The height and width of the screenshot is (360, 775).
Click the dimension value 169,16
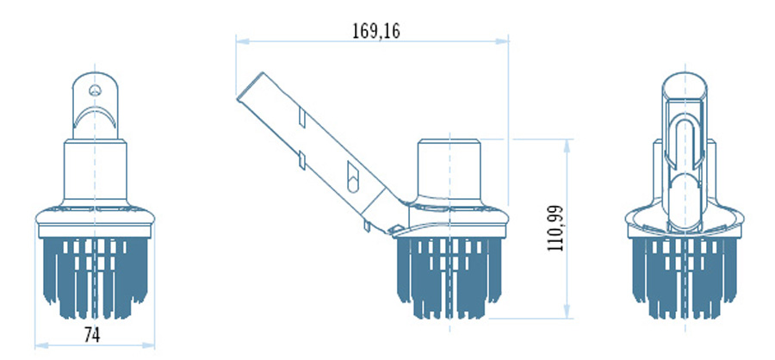click(376, 31)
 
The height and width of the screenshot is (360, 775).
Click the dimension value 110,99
click(555, 228)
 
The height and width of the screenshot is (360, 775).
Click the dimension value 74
click(92, 335)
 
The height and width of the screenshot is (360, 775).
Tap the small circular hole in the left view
click(95, 90)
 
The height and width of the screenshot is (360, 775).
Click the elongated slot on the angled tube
click(353, 177)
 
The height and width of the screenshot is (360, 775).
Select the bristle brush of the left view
click(96, 278)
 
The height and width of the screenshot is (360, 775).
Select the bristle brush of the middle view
click(449, 278)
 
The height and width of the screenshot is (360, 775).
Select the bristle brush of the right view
click(685, 278)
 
